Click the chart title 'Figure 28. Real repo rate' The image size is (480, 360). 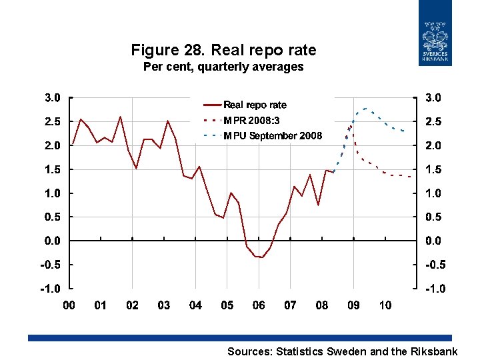coord(223,50)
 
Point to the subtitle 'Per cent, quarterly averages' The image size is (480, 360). coord(223,67)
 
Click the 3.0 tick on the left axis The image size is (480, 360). coord(52,97)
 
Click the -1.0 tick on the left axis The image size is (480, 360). coord(51,289)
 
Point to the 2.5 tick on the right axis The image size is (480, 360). coord(433,121)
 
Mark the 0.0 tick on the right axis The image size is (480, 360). coord(433,241)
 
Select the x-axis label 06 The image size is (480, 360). coord(259,305)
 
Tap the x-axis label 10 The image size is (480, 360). coord(385,305)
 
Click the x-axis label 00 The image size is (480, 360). coord(69,305)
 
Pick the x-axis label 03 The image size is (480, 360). coord(163,305)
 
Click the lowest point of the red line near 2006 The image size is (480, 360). coord(262,257)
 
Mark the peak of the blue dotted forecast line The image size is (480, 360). coord(365,108)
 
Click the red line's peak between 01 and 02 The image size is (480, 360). coord(120,117)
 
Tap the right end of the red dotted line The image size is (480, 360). coord(409,177)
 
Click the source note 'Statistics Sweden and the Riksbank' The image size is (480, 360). coord(342,351)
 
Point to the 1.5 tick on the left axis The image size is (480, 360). coord(52,169)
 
